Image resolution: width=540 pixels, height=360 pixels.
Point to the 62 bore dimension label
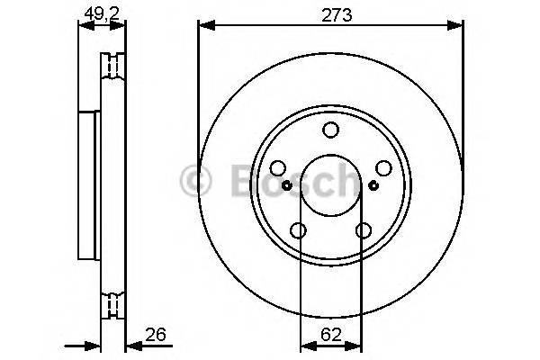point(330,336)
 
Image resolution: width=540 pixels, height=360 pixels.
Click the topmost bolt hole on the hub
point(330,130)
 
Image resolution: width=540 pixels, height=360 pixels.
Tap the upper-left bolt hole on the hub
point(278,168)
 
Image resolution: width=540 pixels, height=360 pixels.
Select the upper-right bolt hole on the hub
point(382,168)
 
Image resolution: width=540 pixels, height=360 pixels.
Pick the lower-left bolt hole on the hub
point(298,230)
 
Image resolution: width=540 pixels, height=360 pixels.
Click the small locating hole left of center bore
point(286,185)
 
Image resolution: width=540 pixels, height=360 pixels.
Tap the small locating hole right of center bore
point(374,185)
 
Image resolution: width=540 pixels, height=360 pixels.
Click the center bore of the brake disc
point(330,185)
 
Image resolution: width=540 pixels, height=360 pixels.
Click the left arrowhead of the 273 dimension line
point(203,29)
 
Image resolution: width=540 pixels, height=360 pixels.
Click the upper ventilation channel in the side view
point(112,65)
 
